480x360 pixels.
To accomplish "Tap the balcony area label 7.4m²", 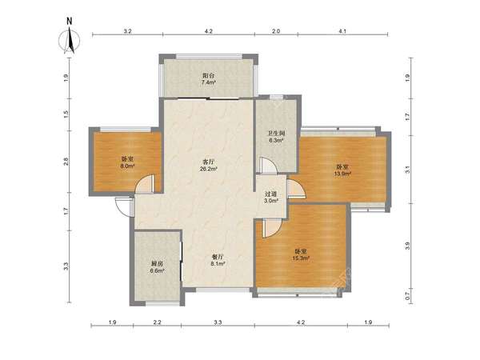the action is click(208, 78).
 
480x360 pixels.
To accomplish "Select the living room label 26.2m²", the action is click(209, 165).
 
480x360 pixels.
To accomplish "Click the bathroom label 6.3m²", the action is click(277, 137).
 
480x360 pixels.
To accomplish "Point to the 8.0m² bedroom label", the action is click(127, 162).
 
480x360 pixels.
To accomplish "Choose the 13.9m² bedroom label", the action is click(343, 170).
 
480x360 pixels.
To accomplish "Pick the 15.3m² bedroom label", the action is click(302, 254).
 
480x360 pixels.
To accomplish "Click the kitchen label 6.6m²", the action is click(158, 267).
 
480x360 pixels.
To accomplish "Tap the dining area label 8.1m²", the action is click(218, 259).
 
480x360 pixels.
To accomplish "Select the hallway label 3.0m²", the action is click(271, 197).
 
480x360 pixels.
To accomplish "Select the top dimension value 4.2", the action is click(209, 31).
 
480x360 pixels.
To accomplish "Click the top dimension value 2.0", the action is click(276, 31).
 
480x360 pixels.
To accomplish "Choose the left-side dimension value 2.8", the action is click(66, 162).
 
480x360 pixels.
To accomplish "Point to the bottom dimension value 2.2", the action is click(158, 322).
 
